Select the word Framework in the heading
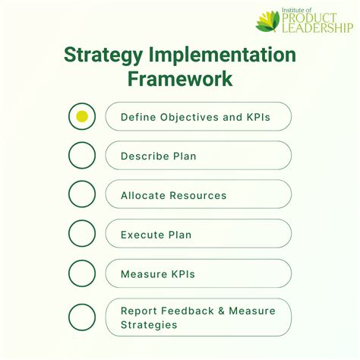point(180,79)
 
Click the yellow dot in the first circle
point(82,116)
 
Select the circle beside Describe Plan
point(82,156)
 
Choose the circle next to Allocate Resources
point(82,194)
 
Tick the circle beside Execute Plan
point(82,234)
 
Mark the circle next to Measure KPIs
point(82,273)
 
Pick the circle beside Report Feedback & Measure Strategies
point(82,317)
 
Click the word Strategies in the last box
point(149,324)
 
